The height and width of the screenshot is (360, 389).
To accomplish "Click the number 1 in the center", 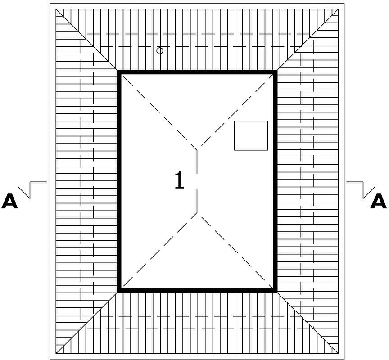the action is (179, 181).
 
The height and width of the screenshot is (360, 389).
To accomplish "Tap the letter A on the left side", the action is (9, 202).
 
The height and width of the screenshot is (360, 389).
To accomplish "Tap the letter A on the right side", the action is (378, 202).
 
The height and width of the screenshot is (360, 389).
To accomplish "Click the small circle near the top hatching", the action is (160, 50).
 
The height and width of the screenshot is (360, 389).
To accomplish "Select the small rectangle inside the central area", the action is (251, 135).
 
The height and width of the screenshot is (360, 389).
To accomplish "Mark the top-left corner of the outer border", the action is (50, 3).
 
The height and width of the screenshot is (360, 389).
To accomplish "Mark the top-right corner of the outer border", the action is (344, 3).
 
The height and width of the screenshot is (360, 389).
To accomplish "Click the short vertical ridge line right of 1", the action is (197, 181).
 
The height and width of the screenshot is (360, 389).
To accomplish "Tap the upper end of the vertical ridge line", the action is (197, 150).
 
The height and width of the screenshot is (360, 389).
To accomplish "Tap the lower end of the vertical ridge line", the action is (197, 212).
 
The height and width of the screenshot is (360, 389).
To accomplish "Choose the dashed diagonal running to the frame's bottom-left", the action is (159, 250).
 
